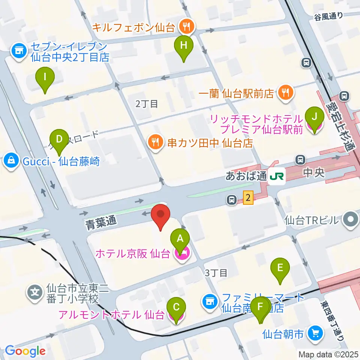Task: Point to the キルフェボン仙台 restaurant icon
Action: click(x=186, y=26)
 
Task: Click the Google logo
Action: click(x=25, y=351)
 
